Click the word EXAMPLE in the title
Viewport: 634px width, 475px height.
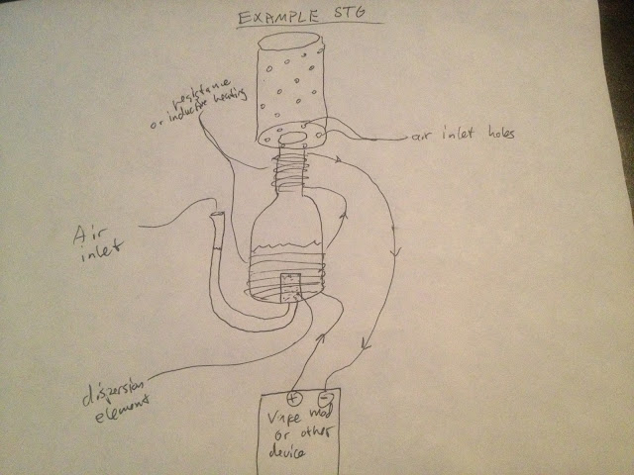click(278, 18)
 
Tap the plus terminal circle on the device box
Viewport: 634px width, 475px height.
click(294, 397)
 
